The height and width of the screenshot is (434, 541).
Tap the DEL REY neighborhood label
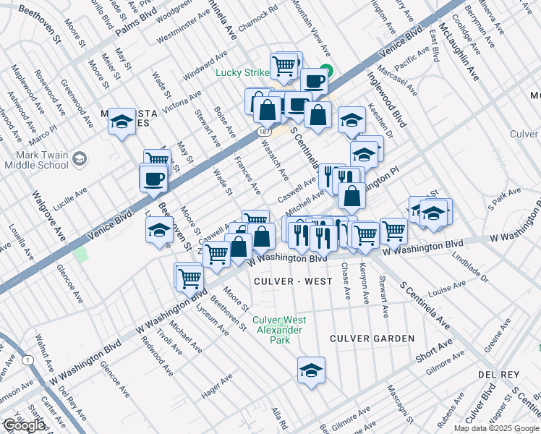(x=495, y=375)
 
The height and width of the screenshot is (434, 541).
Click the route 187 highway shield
(x=264, y=130)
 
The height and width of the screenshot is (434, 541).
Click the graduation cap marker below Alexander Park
(x=311, y=370)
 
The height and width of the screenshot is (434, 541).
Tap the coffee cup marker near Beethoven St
(x=153, y=177)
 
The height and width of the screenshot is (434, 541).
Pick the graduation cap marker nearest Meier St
(x=122, y=122)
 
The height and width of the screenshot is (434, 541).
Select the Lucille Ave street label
(x=71, y=194)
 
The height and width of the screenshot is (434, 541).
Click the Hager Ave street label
(x=217, y=387)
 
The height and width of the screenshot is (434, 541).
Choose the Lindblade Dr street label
(x=473, y=269)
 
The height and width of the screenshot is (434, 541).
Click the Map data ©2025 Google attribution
(x=495, y=428)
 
